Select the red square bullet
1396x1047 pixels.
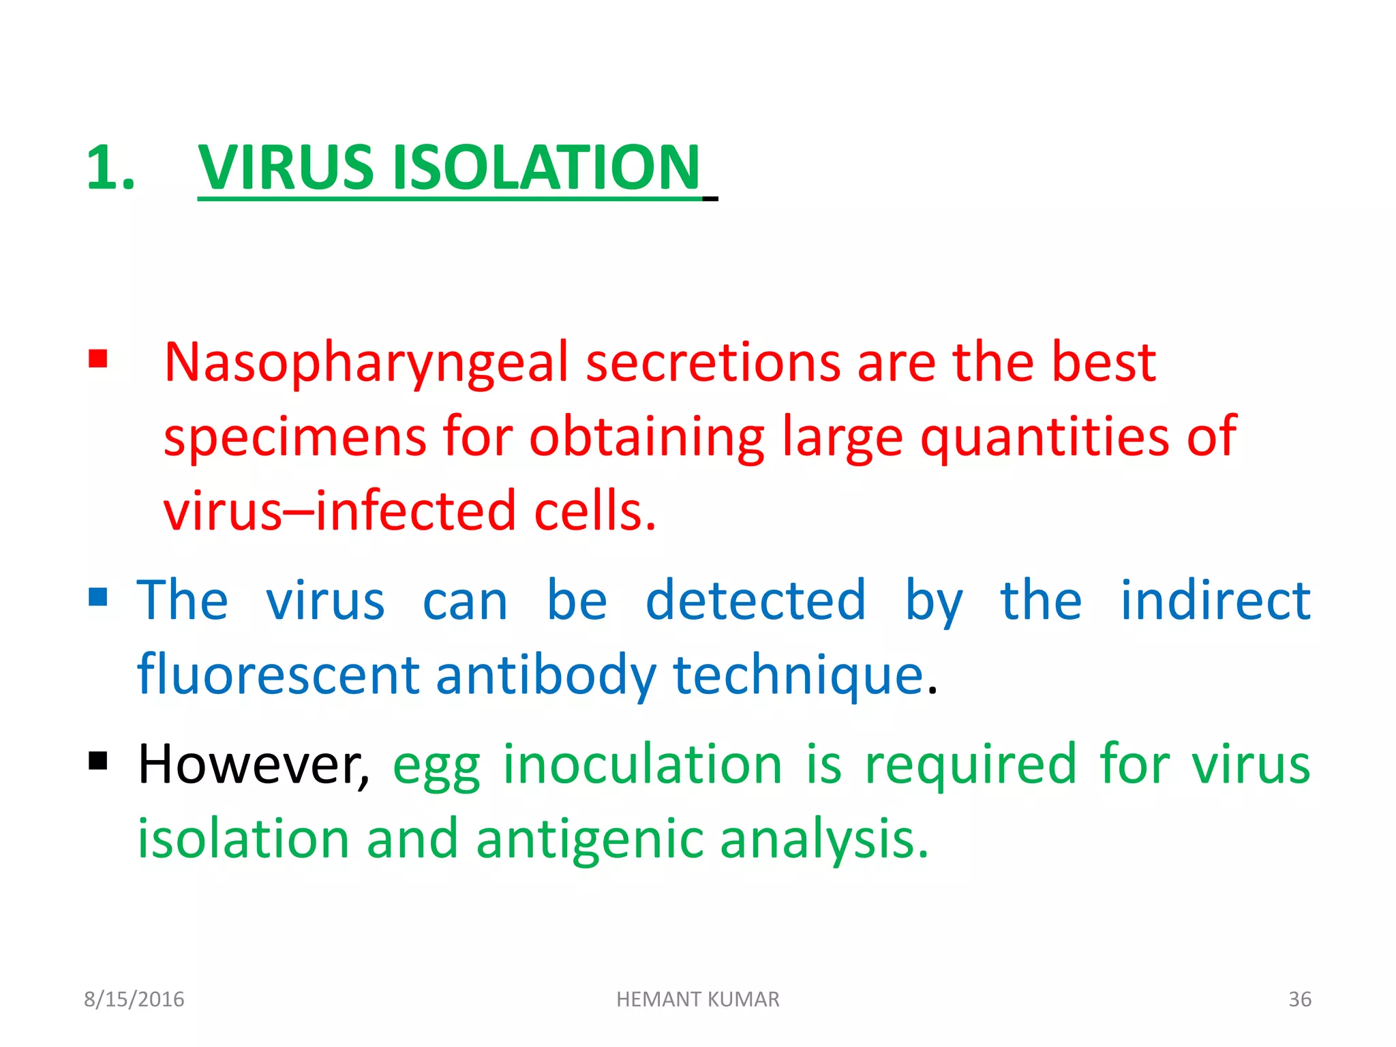pyautogui.click(x=98, y=359)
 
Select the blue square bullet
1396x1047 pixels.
pyautogui.click(x=98, y=597)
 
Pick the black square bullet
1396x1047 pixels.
pyautogui.click(x=98, y=760)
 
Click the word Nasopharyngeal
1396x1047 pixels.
pyautogui.click(x=366, y=363)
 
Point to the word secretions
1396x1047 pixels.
pyautogui.click(x=713, y=363)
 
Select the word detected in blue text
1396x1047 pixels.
pyautogui.click(x=755, y=601)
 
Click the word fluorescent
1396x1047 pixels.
pyautogui.click(x=278, y=675)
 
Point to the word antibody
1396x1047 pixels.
pyautogui.click(x=546, y=675)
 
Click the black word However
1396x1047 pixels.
pyautogui.click(x=253, y=765)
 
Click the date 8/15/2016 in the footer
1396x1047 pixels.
pyautogui.click(x=134, y=999)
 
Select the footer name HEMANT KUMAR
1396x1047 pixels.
pyautogui.click(x=697, y=999)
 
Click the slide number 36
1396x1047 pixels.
pyautogui.click(x=1299, y=999)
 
